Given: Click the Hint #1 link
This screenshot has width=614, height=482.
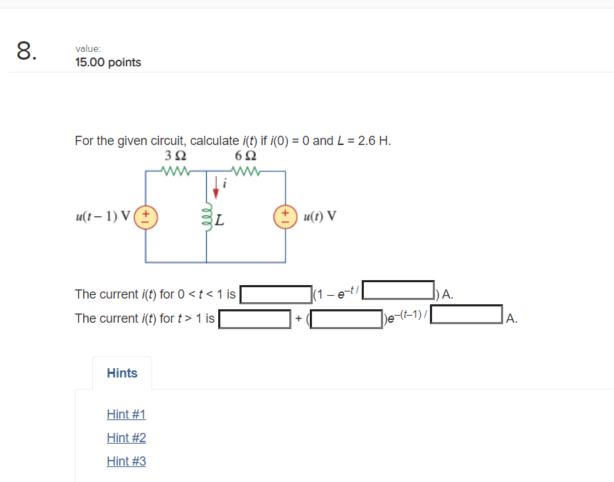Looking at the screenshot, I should [126, 414].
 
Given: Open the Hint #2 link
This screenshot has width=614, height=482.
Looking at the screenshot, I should [126, 438].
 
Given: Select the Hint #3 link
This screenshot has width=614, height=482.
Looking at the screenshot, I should [126, 461].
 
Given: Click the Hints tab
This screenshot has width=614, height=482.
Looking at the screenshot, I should [122, 373].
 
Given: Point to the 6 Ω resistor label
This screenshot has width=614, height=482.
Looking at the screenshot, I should [245, 155].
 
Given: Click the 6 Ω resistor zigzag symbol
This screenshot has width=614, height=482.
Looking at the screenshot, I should [245, 171].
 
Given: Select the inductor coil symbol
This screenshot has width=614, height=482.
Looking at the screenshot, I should [206, 215].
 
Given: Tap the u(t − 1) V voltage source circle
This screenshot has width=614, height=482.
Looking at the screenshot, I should [146, 215].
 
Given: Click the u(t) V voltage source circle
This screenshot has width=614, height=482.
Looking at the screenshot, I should [286, 215].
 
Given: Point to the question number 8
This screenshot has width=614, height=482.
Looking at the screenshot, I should [25, 51].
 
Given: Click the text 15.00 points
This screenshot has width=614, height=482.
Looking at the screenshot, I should [108, 63].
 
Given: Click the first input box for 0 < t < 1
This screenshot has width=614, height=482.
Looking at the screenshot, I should [276, 294].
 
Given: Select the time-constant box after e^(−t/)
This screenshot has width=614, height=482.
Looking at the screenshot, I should [399, 290].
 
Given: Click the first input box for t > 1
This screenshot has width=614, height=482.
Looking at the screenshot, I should [254, 318].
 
